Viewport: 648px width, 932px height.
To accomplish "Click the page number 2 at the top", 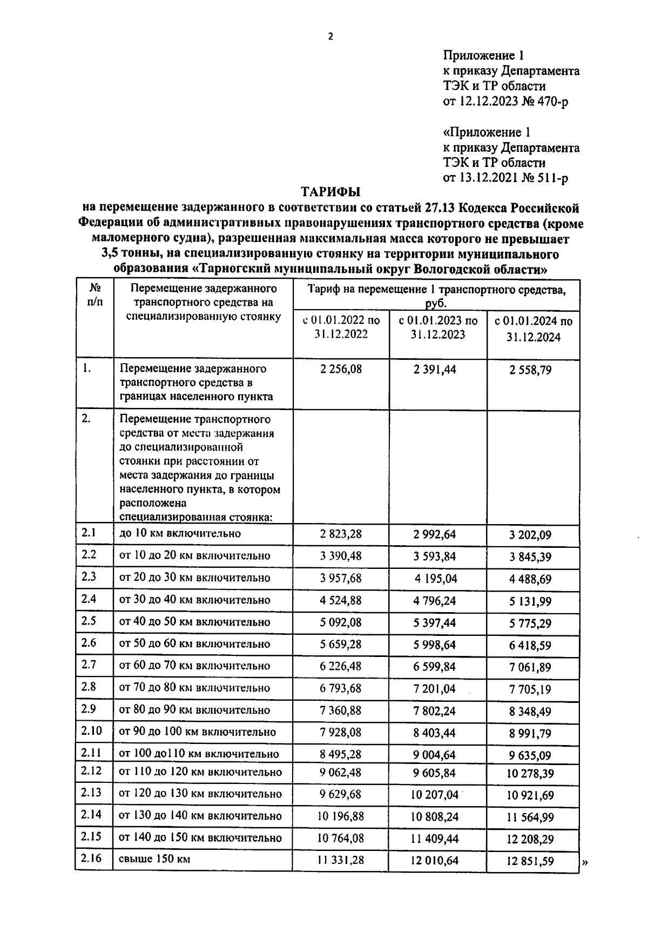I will pyautogui.click(x=330, y=37).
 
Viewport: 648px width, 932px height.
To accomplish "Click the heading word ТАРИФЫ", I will pyautogui.click(x=330, y=192).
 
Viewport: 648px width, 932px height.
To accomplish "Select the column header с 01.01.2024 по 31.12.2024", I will pyautogui.click(x=534, y=329).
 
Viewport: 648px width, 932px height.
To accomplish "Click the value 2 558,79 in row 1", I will pyautogui.click(x=530, y=370).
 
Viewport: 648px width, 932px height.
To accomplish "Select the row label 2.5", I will pyautogui.click(x=89, y=621).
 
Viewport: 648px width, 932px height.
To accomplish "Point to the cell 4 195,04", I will pyautogui.click(x=436, y=579).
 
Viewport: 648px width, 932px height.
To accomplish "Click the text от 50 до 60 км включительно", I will pyautogui.click(x=194, y=643).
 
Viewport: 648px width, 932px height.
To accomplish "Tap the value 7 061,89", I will pyautogui.click(x=530, y=667).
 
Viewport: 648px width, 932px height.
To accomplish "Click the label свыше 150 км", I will pyautogui.click(x=154, y=859).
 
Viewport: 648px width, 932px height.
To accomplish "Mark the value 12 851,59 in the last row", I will pyautogui.click(x=530, y=861).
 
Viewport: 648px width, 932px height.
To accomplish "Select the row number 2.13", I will pyautogui.click(x=91, y=792).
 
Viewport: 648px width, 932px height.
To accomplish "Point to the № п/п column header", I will pyautogui.click(x=94, y=295).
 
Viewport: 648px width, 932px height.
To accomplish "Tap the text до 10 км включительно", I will pyautogui.click(x=179, y=534).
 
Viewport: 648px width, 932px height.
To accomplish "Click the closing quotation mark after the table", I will pyautogui.click(x=585, y=863).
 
